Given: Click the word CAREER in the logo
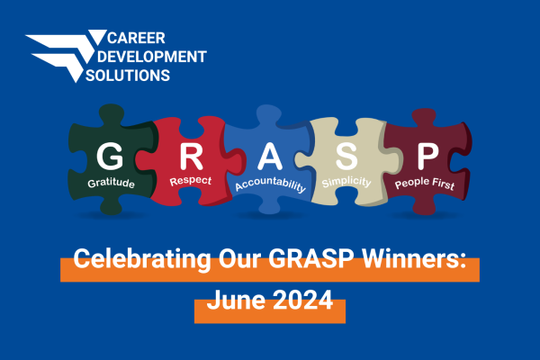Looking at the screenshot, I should tap(135, 39).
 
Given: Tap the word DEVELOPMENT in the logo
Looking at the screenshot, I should tap(157, 58).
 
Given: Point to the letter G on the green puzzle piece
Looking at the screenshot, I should tap(110, 157).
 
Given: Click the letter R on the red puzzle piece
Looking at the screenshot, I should tap(190, 157).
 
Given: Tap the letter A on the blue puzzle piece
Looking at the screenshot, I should tap(270, 159).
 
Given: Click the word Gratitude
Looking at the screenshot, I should tap(111, 184).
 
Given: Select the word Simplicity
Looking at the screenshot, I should tap(346, 184).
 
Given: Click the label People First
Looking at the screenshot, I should tap(426, 184).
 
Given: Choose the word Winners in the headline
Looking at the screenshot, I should tap(413, 262).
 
